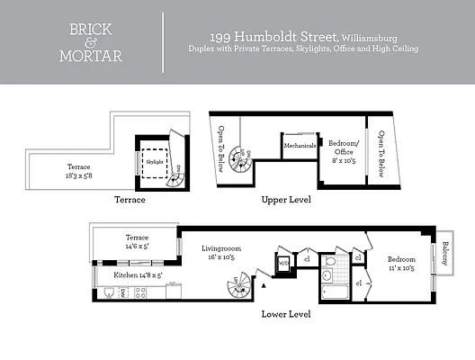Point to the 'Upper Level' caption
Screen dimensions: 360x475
(285, 199)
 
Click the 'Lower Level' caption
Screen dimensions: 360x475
(285, 314)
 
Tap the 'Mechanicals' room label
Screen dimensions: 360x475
(300, 145)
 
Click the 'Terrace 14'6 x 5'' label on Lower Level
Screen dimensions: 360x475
(137, 240)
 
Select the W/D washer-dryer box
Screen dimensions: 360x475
(283, 263)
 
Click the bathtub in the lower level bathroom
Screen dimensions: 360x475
(340, 291)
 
